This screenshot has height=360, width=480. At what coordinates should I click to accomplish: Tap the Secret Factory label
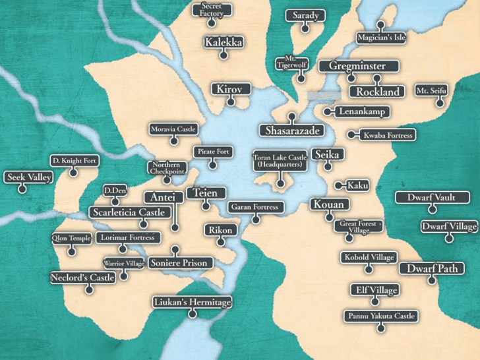pyautogui.click(x=211, y=10)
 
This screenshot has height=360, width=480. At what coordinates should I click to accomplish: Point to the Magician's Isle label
pyautogui.click(x=381, y=38)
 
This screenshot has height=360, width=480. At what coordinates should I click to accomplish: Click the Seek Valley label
pyautogui.click(x=28, y=177)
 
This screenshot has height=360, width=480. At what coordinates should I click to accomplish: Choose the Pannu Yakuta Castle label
pyautogui.click(x=380, y=316)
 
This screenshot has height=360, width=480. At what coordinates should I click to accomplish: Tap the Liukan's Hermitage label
pyautogui.click(x=193, y=303)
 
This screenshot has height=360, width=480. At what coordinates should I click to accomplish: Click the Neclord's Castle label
pyautogui.click(x=83, y=278)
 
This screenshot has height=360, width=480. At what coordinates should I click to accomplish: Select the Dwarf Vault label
pyautogui.click(x=431, y=197)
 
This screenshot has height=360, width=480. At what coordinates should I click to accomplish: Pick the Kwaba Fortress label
pyautogui.click(x=388, y=135)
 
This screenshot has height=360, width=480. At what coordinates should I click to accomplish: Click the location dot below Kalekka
pyautogui.click(x=223, y=55)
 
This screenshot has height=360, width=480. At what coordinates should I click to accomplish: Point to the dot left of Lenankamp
pyautogui.click(x=327, y=111)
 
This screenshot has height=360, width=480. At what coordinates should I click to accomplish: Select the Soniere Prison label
pyautogui.click(x=179, y=263)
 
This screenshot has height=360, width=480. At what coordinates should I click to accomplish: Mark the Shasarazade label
pyautogui.click(x=292, y=131)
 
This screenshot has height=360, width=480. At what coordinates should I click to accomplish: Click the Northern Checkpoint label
pyautogui.click(x=166, y=168)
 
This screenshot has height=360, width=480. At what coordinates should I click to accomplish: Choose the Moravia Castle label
pyautogui.click(x=173, y=129)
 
